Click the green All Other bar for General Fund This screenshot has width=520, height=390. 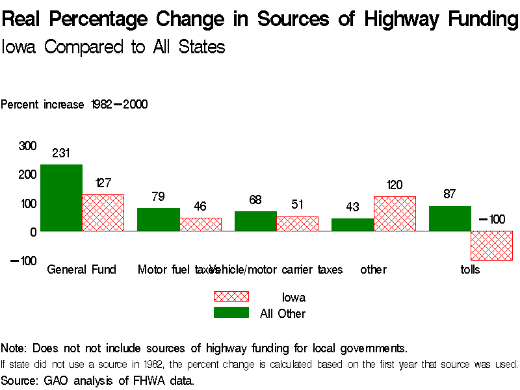pos(61,198)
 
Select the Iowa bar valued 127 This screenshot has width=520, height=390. pos(103,213)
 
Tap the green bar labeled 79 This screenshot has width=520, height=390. pos(158,220)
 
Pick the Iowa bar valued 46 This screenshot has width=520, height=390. pos(200,224)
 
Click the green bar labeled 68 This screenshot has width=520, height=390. pos(255,221)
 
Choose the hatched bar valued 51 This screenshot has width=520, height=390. pos(298,224)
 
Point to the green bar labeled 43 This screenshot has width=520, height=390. pos(352,225)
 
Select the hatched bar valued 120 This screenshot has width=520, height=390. pos(395,214)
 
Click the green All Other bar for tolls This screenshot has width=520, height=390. pos(450,218)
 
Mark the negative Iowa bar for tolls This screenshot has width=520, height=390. pos(492,246)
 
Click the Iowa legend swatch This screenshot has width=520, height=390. pos(231,297)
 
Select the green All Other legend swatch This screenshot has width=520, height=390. pos(231,313)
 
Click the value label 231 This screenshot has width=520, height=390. pos(61,154)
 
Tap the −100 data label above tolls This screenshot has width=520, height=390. pos(492,219)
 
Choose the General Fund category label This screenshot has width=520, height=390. pos(82,269)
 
